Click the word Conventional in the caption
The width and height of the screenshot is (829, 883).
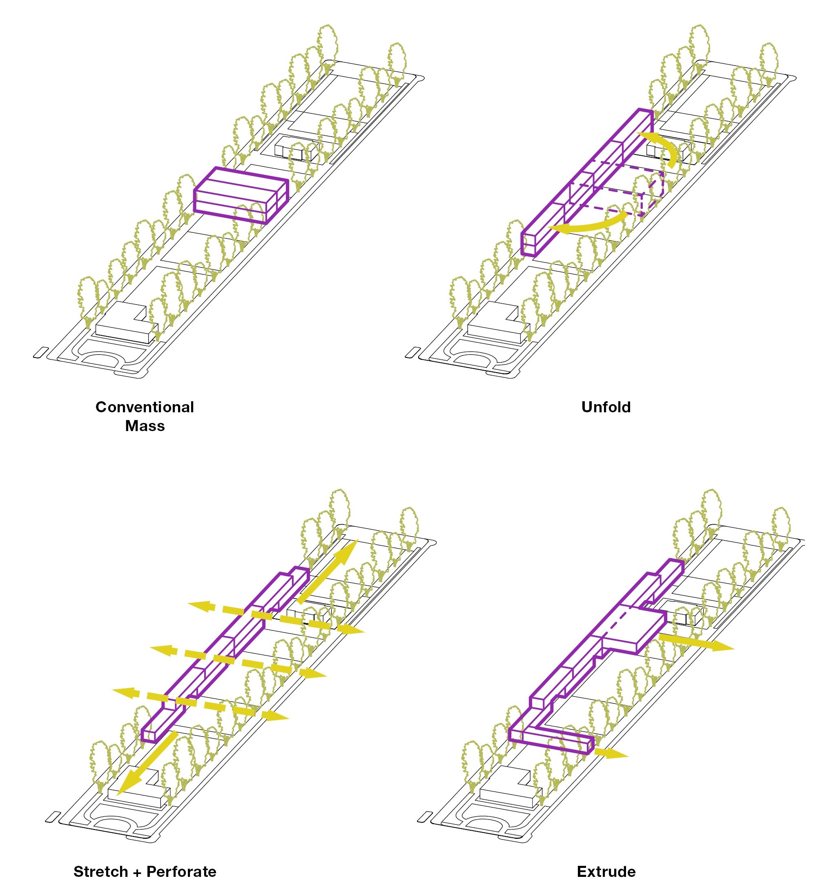144,407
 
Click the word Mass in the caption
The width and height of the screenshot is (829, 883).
145,426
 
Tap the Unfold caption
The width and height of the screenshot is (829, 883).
606,407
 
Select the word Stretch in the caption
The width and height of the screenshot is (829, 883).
101,871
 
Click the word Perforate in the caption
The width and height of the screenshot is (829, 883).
181,871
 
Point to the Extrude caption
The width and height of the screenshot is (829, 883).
606,871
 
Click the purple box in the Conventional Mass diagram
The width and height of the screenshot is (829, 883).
240,195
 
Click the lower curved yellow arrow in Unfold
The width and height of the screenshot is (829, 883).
586,225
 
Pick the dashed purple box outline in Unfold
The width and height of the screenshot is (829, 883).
640,191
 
